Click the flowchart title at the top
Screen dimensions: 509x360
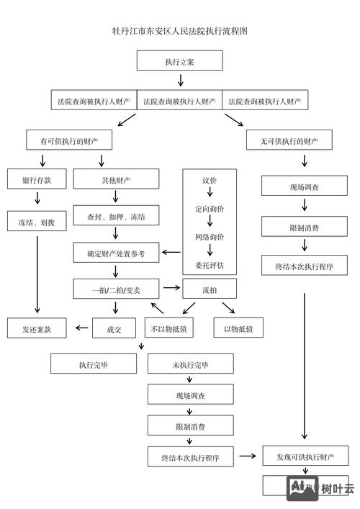point(180,32)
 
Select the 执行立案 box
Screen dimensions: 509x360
point(180,61)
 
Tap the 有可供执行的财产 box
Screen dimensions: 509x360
point(69,140)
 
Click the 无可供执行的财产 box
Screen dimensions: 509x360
point(289,140)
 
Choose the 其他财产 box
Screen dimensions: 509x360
point(116,179)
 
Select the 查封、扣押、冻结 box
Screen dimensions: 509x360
point(116,217)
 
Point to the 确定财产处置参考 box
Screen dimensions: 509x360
point(116,253)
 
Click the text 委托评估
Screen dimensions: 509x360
point(210,265)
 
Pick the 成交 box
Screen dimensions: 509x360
point(114,328)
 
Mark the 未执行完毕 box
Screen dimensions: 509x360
point(190,364)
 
